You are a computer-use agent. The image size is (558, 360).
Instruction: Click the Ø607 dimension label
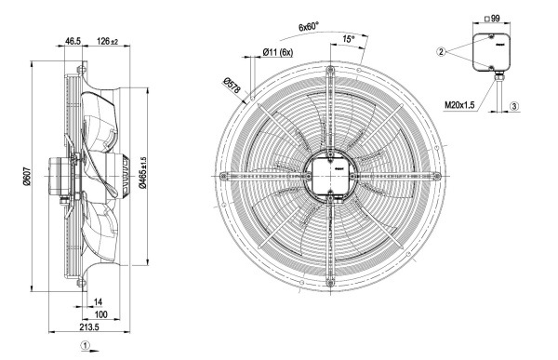point(27,177)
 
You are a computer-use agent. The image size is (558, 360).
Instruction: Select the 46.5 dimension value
point(73,41)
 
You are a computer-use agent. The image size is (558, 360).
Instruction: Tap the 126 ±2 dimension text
point(107,41)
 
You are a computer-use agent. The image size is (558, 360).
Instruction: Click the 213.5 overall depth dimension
point(89,327)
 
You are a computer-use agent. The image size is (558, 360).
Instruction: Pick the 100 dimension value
point(101,314)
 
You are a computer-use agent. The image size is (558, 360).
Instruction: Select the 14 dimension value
point(98,302)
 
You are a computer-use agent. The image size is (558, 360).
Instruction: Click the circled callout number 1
point(85,345)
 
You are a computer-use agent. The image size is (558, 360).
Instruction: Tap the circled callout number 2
point(441,52)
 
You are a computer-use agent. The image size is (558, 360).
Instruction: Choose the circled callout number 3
point(514,106)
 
